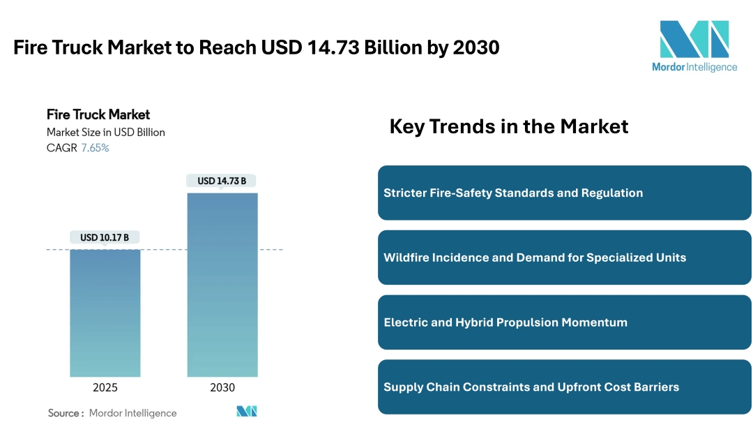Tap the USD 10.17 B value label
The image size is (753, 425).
click(x=105, y=238)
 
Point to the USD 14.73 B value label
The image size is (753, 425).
click(x=222, y=181)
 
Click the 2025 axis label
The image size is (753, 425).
click(x=105, y=388)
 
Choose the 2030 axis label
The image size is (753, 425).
click(x=222, y=388)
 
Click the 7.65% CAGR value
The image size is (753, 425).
click(x=95, y=148)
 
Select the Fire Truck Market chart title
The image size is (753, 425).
click(x=98, y=114)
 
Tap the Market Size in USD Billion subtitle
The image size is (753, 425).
click(x=106, y=132)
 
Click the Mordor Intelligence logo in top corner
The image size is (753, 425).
click(x=694, y=46)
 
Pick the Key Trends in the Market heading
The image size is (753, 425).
click(x=509, y=126)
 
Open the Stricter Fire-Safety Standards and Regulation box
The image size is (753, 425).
click(x=564, y=193)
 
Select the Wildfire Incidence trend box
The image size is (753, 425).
click(x=564, y=258)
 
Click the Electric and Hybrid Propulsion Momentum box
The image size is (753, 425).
click(x=564, y=322)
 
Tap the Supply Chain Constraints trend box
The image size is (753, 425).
click(x=564, y=387)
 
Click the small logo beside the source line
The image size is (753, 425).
click(x=247, y=412)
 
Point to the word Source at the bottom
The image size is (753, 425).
click(x=63, y=413)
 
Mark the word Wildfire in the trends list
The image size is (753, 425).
click(x=406, y=258)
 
